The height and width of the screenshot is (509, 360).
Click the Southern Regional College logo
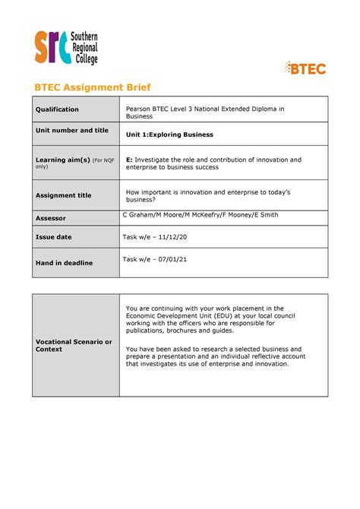65,47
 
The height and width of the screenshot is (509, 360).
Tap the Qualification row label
57,109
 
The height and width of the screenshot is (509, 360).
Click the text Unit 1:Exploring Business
169,134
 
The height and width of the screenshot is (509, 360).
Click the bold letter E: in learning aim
129,160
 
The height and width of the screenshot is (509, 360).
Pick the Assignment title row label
63,195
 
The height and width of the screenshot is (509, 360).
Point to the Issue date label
53,237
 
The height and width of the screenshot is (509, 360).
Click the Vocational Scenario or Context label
74,345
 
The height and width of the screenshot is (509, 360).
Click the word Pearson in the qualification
140,109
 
